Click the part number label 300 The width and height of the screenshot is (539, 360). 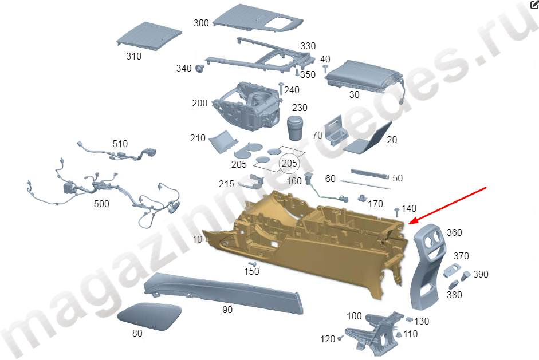pyautogui.click(x=201, y=23)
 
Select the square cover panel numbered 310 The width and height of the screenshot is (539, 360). pyautogui.click(x=149, y=36)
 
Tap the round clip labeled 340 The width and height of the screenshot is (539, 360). pyautogui.click(x=199, y=68)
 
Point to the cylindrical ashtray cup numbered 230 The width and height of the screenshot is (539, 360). pyautogui.click(x=295, y=128)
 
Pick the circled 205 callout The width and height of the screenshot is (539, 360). pyautogui.click(x=289, y=163)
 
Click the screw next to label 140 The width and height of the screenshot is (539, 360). pyautogui.click(x=397, y=212)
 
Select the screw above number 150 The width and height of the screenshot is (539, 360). pyautogui.click(x=253, y=264)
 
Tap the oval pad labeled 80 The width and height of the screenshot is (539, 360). pyautogui.click(x=149, y=316)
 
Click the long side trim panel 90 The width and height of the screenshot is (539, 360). pyautogui.click(x=223, y=292)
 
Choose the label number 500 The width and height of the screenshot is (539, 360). pyautogui.click(x=101, y=204)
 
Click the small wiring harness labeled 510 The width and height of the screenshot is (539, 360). pyautogui.click(x=117, y=152)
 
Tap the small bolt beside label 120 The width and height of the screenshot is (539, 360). pyautogui.click(x=340, y=338)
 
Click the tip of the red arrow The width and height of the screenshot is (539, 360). pyautogui.click(x=408, y=224)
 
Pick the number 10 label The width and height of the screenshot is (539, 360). pyautogui.click(x=197, y=239)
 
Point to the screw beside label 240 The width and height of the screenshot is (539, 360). pyautogui.click(x=281, y=88)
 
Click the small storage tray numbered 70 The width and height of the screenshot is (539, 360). pyautogui.click(x=334, y=130)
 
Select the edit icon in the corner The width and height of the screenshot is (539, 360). pyautogui.click(x=534, y=4)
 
